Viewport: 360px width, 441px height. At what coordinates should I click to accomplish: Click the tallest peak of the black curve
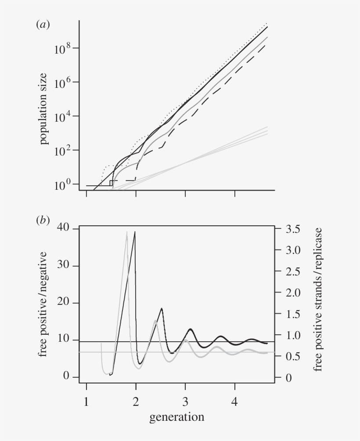135,232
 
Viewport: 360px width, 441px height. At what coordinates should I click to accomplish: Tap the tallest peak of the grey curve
127,232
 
